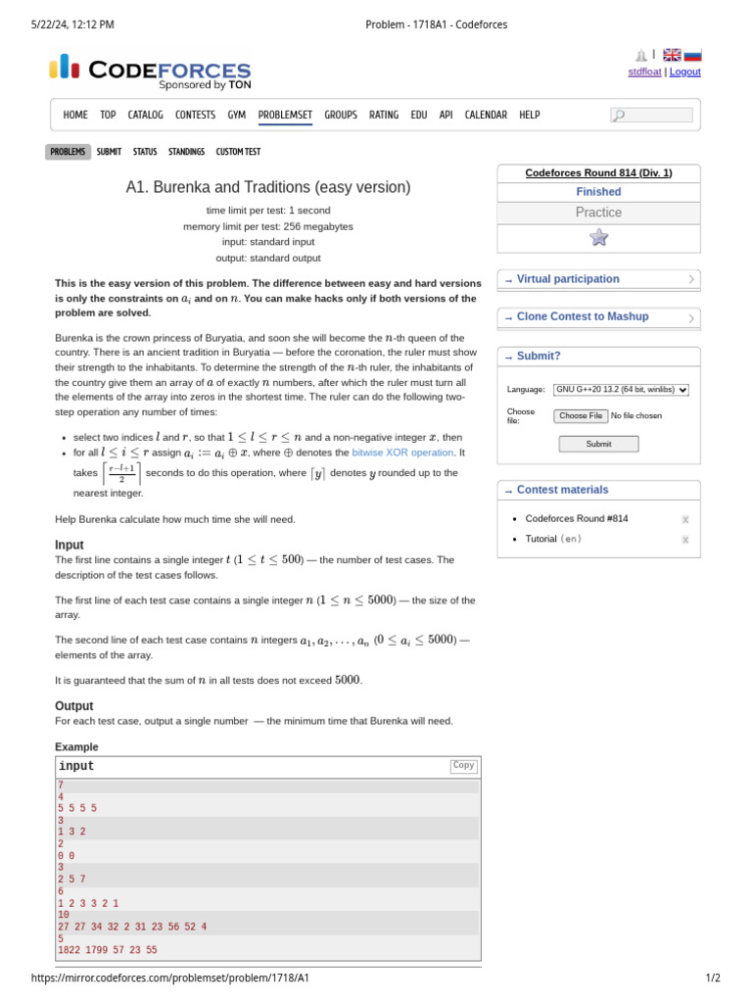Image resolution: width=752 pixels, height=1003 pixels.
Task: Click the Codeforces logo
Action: pyautogui.click(x=150, y=71)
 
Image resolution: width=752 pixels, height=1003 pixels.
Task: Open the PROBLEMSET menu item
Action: pyautogui.click(x=285, y=115)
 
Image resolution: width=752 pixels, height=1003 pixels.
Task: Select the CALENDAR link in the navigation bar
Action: pyautogui.click(x=486, y=115)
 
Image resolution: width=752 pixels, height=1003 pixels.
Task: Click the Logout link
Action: pyautogui.click(x=685, y=72)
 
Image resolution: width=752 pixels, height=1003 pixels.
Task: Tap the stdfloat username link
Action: pyautogui.click(x=644, y=72)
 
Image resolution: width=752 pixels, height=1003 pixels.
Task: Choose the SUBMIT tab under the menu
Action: pyautogui.click(x=110, y=152)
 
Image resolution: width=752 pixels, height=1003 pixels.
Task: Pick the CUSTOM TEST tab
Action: pyautogui.click(x=238, y=152)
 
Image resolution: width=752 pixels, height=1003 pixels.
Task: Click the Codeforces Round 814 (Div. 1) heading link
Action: pyautogui.click(x=598, y=173)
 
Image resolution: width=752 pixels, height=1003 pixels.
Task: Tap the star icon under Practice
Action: pyautogui.click(x=599, y=237)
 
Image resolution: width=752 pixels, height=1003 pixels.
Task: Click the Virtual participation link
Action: pyautogui.click(x=568, y=279)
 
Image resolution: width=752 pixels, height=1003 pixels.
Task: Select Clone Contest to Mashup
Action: pyautogui.click(x=582, y=316)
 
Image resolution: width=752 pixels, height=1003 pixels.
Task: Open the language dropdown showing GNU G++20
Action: pyautogui.click(x=621, y=389)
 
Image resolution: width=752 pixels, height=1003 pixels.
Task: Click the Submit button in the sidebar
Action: pyautogui.click(x=598, y=444)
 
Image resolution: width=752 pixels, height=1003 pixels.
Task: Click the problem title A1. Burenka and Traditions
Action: pyautogui.click(x=268, y=187)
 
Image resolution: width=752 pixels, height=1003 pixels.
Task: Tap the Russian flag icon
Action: pyautogui.click(x=692, y=56)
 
